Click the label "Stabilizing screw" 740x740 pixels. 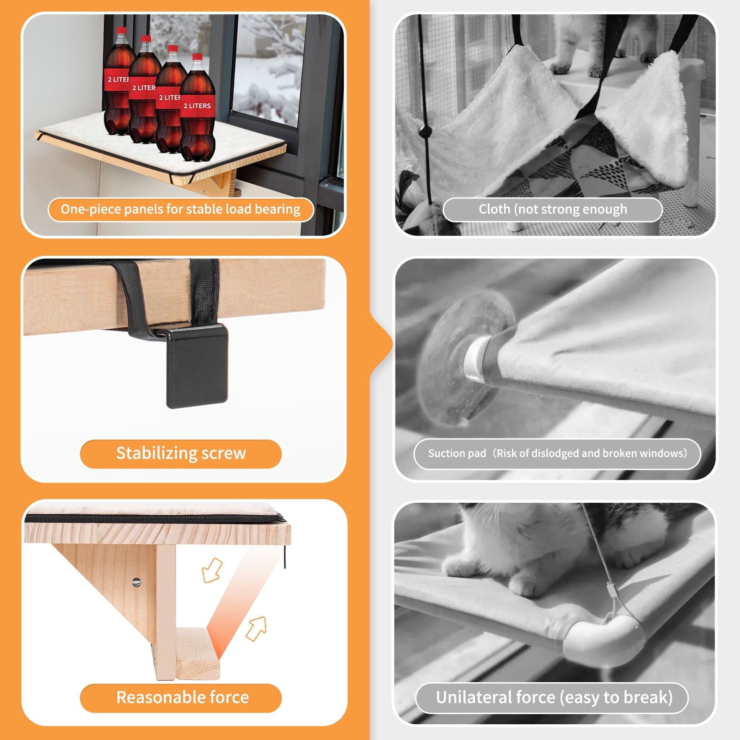click(x=181, y=454)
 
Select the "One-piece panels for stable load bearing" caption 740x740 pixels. click(x=181, y=210)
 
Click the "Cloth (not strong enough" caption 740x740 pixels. click(x=553, y=210)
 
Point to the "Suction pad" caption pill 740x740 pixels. click(x=557, y=454)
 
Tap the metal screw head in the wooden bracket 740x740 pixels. click(x=136, y=582)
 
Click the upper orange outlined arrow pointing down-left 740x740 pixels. click(x=212, y=570)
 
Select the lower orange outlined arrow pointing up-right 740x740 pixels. click(x=256, y=629)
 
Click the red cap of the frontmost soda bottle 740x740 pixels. click(x=197, y=57)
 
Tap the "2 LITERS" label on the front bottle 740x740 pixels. click(x=197, y=106)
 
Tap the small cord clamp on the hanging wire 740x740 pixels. click(x=610, y=592)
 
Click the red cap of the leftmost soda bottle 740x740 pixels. click(x=121, y=31)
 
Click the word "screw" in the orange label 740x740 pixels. click(x=222, y=454)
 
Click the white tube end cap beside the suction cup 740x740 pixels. click(x=476, y=358)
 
